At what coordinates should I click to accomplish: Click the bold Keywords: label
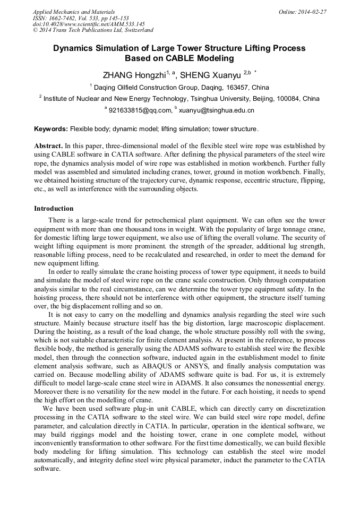51,129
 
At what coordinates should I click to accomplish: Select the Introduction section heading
54,209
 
